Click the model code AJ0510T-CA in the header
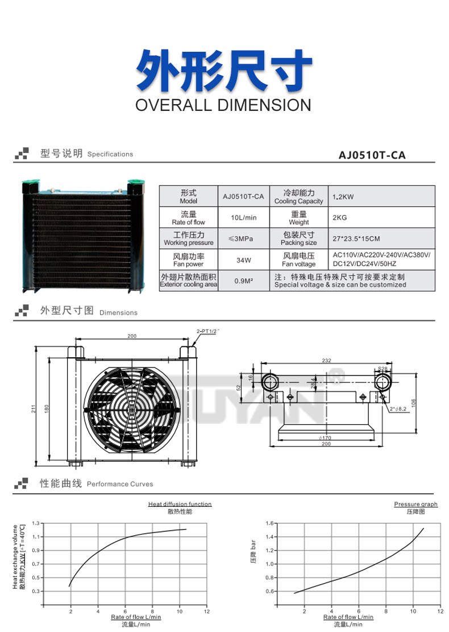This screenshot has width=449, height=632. [372, 155]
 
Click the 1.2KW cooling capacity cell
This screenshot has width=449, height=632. [343, 197]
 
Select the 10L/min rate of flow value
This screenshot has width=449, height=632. [243, 218]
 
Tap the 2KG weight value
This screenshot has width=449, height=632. [339, 217]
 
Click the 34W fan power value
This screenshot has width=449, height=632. [243, 261]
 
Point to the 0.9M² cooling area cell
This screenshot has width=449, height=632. [243, 281]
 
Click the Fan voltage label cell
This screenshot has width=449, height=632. [298, 260]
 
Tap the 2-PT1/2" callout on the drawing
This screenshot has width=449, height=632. [207, 331]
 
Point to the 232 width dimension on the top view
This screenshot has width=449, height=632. [326, 361]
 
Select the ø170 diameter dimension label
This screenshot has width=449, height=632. [326, 437]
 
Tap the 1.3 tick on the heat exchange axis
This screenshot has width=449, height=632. [36, 523]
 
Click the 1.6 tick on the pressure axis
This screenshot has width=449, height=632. [269, 523]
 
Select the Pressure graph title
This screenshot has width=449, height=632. [415, 504]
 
